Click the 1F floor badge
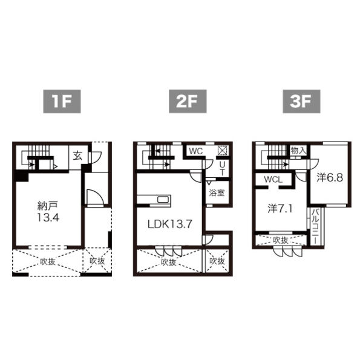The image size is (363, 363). click(62, 102)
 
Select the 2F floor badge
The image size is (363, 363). click(188, 102)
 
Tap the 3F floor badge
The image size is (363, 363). click(301, 102)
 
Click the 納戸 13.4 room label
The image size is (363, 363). click(48, 211)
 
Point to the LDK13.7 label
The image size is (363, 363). click(170, 224)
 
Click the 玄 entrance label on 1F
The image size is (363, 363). click(78, 156)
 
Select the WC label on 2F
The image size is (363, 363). click(196, 151)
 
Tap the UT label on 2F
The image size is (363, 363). click(222, 168)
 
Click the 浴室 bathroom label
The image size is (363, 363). click(217, 192)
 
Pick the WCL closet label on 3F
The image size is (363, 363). click(273, 179)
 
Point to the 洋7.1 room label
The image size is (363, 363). click(280, 208)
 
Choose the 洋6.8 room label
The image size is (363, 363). click(330, 177)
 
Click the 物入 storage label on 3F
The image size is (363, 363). click(299, 151)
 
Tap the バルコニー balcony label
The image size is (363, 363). click(315, 226)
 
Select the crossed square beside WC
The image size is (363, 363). click(222, 151)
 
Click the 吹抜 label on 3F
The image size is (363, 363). click(281, 240)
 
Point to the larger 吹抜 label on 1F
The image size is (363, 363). click(48, 261)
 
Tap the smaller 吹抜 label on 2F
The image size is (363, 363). click(217, 261)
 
